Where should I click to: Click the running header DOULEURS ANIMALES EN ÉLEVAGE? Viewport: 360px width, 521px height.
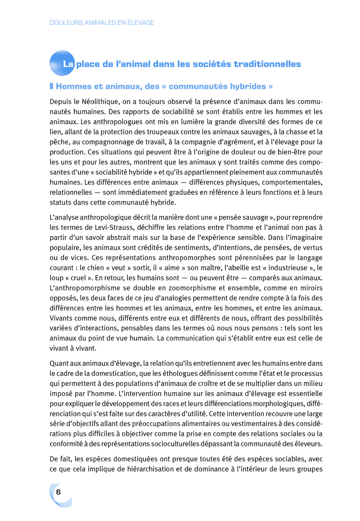(102, 22)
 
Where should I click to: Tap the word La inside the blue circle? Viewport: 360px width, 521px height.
(68, 64)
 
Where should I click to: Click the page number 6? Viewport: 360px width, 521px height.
(58, 492)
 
